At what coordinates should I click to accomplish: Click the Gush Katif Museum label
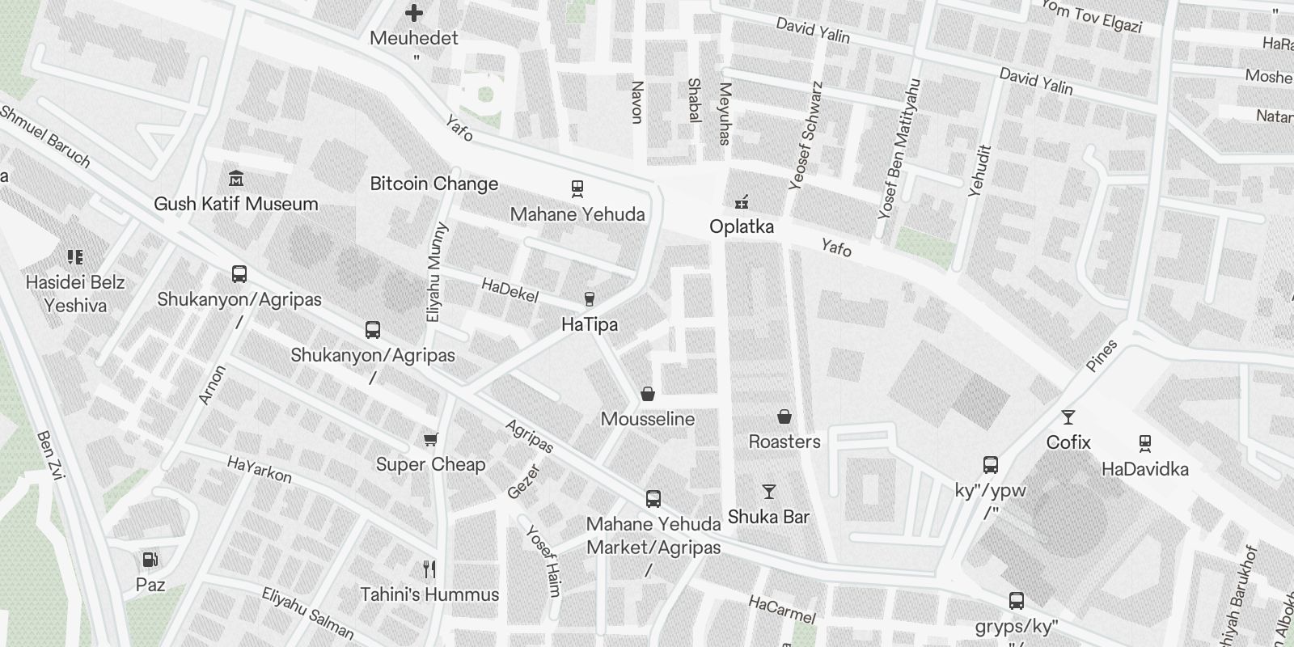click(x=236, y=204)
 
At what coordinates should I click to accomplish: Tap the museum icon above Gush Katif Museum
click(x=236, y=178)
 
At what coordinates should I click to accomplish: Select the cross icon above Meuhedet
click(x=414, y=13)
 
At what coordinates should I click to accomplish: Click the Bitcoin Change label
click(x=434, y=184)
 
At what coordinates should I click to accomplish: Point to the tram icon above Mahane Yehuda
click(x=577, y=188)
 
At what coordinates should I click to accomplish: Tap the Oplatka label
click(x=742, y=226)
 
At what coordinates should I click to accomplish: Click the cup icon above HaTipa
click(x=590, y=299)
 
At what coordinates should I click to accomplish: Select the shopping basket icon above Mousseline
click(x=648, y=394)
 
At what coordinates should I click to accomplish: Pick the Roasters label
click(x=784, y=442)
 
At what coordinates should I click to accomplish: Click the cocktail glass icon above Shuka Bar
click(x=768, y=492)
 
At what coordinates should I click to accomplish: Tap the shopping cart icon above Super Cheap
click(x=430, y=439)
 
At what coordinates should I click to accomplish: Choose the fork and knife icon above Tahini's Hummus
click(x=429, y=569)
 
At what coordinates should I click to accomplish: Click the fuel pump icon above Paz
click(x=150, y=559)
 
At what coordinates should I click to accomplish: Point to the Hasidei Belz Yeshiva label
click(x=75, y=294)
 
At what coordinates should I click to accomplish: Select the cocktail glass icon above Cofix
click(x=1068, y=417)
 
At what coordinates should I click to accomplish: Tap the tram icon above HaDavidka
click(x=1144, y=443)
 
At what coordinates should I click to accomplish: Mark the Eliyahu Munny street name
click(x=436, y=273)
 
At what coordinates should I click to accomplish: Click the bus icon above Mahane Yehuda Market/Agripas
click(x=653, y=499)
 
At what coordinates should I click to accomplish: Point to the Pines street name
click(x=1102, y=356)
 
